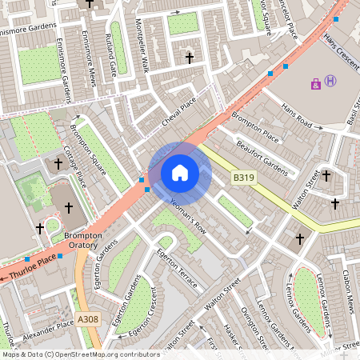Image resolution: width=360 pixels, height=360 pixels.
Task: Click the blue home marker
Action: (x=180, y=172)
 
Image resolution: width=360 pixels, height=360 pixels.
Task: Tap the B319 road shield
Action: (x=243, y=177)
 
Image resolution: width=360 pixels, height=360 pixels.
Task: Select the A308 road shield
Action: (x=89, y=319)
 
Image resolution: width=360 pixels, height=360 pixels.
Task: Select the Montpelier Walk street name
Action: (x=142, y=54)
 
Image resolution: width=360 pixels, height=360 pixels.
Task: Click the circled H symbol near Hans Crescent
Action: (x=330, y=81)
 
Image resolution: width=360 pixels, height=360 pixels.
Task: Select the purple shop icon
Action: (x=316, y=82)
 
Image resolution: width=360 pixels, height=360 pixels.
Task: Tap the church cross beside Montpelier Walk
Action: (x=190, y=58)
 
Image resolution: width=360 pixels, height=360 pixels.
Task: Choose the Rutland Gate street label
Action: (x=112, y=52)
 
